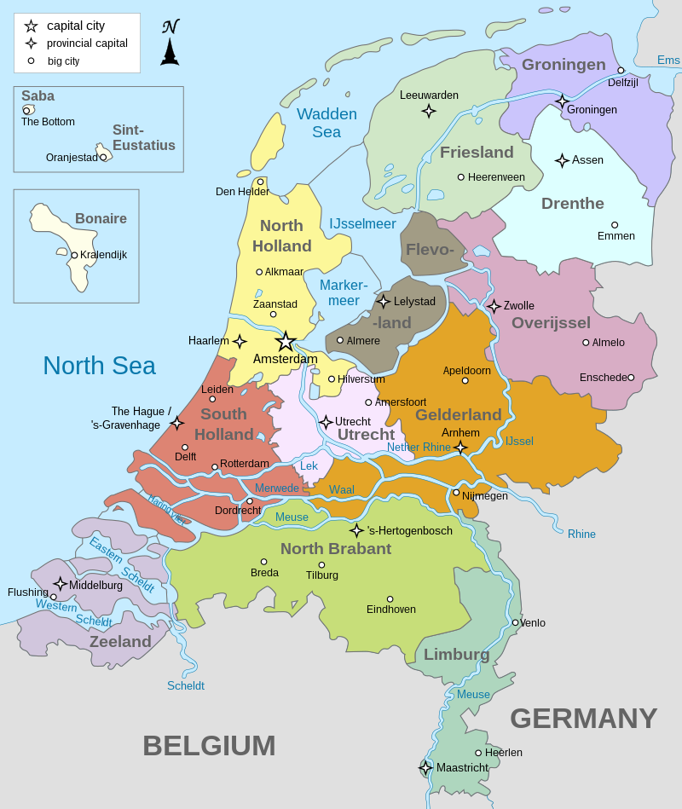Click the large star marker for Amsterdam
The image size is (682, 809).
pyautogui.click(x=286, y=342)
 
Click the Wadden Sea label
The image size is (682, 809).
pyautogui.click(x=327, y=123)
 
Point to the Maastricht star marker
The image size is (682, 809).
pyautogui.click(x=425, y=768)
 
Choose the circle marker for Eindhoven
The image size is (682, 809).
pyautogui.click(x=390, y=599)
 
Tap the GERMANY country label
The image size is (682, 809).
pyautogui.click(x=583, y=719)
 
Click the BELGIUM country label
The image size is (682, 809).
pyautogui.click(x=209, y=745)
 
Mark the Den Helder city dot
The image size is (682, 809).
pyautogui.click(x=261, y=182)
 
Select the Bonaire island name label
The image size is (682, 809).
pyautogui.click(x=101, y=219)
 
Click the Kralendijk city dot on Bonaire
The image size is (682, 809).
pyautogui.click(x=74, y=255)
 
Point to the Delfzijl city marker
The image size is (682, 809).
pyautogui.click(x=621, y=71)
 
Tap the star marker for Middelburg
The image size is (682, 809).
pyautogui.click(x=61, y=584)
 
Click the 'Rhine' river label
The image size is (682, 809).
pyautogui.click(x=581, y=535)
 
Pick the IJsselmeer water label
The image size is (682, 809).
pyautogui.click(x=362, y=224)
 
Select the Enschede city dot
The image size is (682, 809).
pyautogui.click(x=631, y=378)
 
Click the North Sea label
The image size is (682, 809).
pyautogui.click(x=99, y=366)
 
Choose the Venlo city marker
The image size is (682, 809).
pyautogui.click(x=515, y=622)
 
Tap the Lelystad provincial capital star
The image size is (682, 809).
pyautogui.click(x=384, y=301)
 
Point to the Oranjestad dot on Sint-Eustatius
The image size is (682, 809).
pyautogui.click(x=103, y=157)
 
